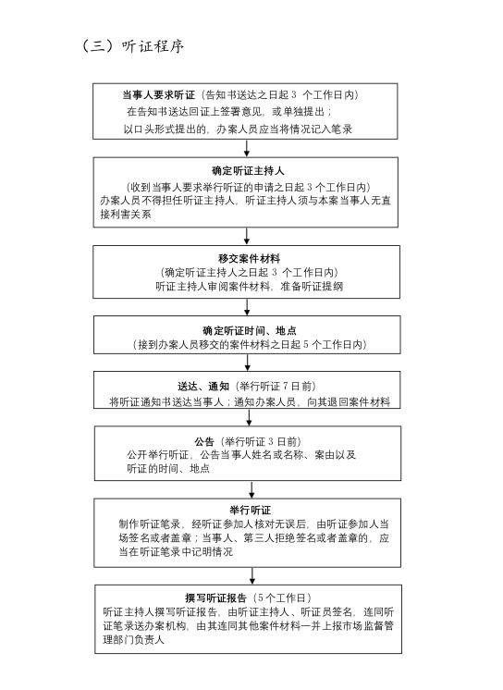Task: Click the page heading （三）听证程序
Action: coord(133,46)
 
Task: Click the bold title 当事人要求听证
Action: coord(158,95)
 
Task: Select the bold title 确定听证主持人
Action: coord(248,171)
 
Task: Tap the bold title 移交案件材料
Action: coord(249,258)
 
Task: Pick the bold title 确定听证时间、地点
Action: coord(249,330)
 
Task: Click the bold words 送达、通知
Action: coord(203,387)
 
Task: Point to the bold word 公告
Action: coord(204,442)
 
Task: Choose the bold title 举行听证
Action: coord(250,511)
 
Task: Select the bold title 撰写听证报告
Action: coord(215,598)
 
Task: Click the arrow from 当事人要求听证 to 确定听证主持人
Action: coord(247,148)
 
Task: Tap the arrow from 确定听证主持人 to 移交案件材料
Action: coord(247,236)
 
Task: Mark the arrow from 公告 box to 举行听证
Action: coord(251,490)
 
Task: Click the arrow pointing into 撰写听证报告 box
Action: coord(252,576)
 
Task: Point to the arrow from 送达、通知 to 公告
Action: coord(249,418)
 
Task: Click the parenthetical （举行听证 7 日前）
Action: coord(276,387)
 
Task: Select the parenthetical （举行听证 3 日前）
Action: coord(262,442)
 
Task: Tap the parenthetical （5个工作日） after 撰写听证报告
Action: coord(283,598)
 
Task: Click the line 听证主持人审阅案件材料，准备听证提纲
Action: coord(249,287)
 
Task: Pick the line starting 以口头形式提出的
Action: coord(238,129)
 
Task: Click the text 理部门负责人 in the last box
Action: coord(134,640)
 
